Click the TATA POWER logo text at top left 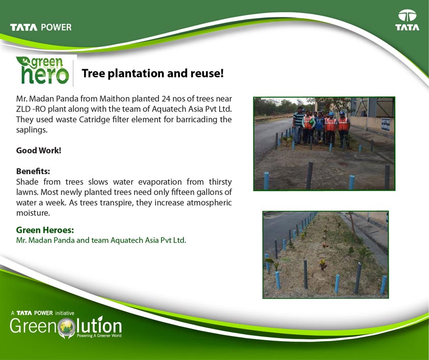coord(41,27)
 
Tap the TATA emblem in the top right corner coord(407,20)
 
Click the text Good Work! coord(39,150)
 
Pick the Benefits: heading coord(33,171)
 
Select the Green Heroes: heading coord(45,230)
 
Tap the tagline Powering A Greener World coord(99,336)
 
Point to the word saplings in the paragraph coord(31,130)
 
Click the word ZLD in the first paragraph coord(23,109)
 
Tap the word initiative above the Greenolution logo coord(65,313)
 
